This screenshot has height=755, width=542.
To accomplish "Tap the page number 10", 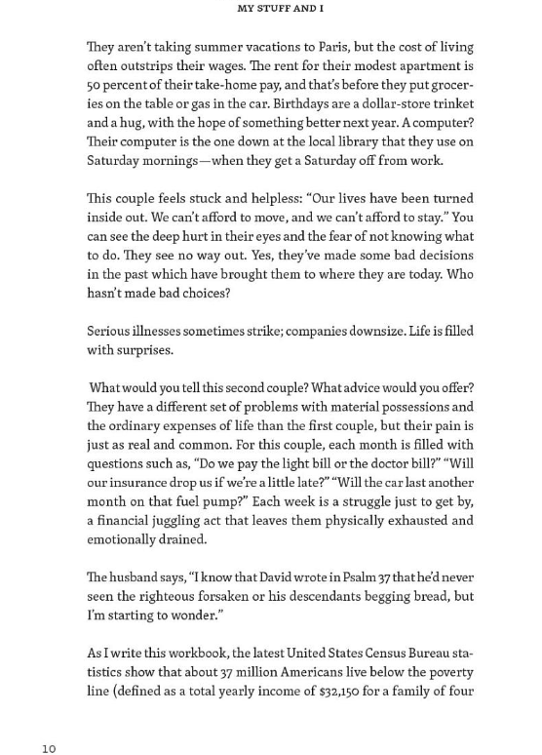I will coord(49,748).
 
